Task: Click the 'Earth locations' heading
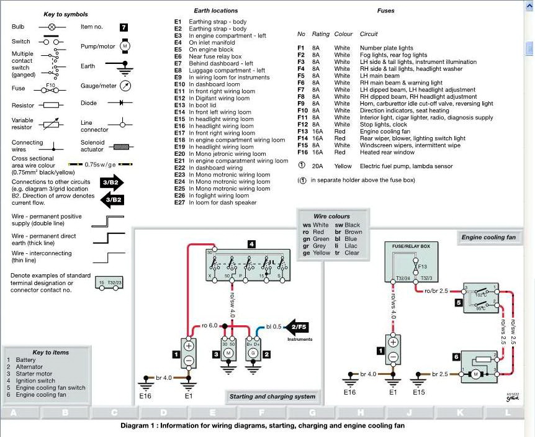coord(215,11)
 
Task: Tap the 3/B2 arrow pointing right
coord(113,182)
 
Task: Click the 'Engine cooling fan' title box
coord(488,237)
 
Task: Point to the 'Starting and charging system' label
coord(272,397)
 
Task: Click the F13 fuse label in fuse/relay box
coord(423,267)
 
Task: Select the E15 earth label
coord(419,392)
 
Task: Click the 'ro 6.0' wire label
coord(210,326)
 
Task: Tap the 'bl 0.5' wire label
coord(273,326)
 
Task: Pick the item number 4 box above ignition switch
coord(251,245)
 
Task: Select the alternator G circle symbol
coord(252,353)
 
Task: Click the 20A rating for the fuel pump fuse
coord(318,166)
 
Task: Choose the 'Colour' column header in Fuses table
coord(343,34)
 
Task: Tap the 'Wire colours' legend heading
coord(331,217)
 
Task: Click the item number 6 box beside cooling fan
coord(456,357)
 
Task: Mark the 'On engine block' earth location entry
coord(211,50)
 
